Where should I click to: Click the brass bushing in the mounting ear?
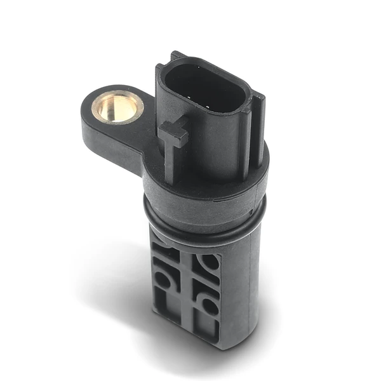click(117, 105)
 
